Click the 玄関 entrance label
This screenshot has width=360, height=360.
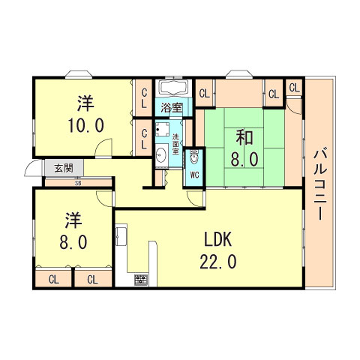point(63,168)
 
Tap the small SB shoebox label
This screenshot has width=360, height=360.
point(77,182)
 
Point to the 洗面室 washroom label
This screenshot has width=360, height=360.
point(176,142)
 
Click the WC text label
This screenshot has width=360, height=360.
point(194,175)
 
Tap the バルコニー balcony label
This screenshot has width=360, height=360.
point(319,182)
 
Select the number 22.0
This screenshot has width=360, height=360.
point(219,261)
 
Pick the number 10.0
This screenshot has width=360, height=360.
point(84,124)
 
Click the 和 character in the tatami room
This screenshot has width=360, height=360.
point(244,138)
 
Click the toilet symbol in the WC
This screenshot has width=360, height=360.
point(194,158)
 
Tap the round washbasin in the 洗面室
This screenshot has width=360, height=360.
point(161,156)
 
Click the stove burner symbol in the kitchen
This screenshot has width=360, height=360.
point(140,281)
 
